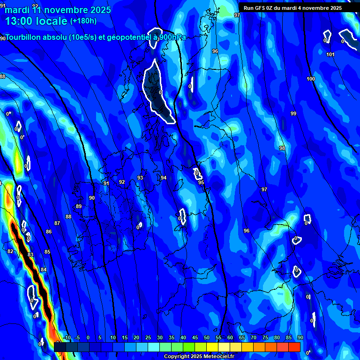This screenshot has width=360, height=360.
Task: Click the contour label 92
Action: point(122,182)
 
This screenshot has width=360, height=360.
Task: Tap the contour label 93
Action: point(140,178)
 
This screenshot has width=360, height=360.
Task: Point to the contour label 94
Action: point(164,178)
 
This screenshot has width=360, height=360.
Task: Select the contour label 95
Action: point(201,182)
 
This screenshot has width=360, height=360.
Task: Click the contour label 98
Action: point(282,148)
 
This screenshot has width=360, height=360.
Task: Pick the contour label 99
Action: point(293,114)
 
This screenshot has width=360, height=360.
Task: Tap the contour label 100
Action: point(311,79)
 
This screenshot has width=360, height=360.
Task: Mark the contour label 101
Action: point(330,55)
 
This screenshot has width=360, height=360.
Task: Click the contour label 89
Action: point(79,206)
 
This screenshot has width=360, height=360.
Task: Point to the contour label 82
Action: point(10,251)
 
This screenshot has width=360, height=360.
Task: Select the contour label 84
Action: point(44,270)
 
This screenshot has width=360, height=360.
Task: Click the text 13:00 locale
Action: point(37,21)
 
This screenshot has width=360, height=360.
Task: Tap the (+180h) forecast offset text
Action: point(83,21)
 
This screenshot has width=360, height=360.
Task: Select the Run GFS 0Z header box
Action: point(298,8)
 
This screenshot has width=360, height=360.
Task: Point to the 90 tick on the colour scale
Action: point(300,338)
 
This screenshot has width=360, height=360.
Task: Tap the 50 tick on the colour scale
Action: point(207,338)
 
